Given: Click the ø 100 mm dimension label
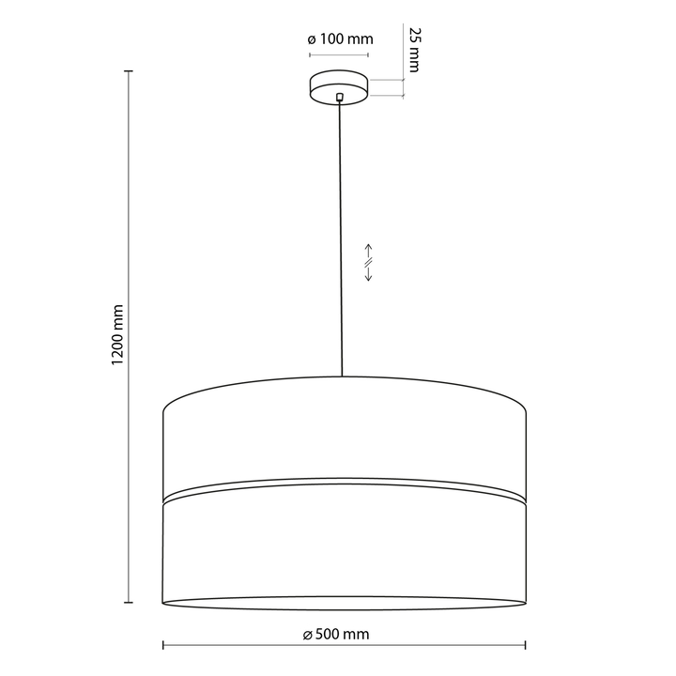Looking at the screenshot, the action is (340, 39).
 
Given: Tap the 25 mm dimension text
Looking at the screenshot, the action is (414, 50).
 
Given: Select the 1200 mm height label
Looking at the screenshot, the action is (117, 335).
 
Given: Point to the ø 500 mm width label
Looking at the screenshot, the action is (336, 634).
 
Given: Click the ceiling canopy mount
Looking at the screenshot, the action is (339, 87).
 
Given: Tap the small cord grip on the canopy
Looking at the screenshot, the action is (340, 97).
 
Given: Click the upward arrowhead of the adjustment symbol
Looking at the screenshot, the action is (369, 247).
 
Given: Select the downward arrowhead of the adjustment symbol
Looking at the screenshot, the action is (369, 278).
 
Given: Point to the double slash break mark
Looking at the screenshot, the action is (369, 263).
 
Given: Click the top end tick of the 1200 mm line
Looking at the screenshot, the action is (129, 70).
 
